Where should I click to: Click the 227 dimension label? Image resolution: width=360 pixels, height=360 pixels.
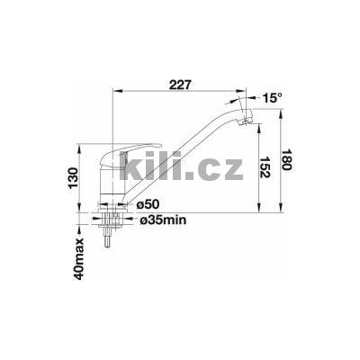pos(180,85)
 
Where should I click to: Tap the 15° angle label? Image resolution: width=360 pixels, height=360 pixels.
pos(272,98)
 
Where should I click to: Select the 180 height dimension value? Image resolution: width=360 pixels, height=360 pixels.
pos(286,159)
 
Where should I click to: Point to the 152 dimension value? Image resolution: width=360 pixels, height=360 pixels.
pos(265,166)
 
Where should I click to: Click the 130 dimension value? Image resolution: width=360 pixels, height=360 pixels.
pos(73,178)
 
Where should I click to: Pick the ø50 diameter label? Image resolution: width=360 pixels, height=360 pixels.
pos(148,205)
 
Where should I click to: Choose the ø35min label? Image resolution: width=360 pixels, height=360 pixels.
pos(164,220)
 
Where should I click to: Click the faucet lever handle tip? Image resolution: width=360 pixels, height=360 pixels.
pos(159,146)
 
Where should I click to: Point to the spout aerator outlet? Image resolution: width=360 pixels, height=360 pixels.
pos(245,121)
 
